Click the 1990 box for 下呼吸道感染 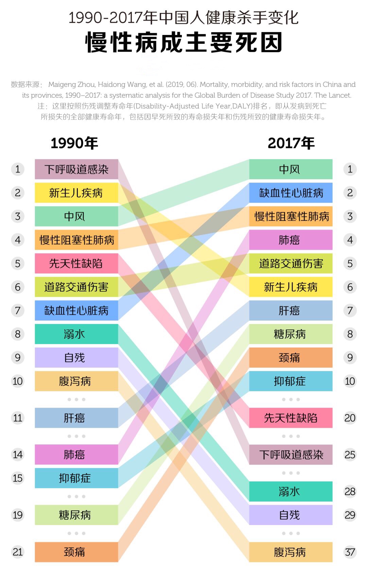pos(76,169)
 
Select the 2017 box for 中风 pos(291,169)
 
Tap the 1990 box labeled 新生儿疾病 pos(76,193)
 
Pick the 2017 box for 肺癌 pos(291,240)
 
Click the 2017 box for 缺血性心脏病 pos(291,193)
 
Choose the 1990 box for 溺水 pos(76,334)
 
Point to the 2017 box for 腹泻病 pos(291,552)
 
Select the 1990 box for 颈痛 pos(76,552)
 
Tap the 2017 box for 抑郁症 pos(291,381)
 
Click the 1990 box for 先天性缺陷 pos(76,264)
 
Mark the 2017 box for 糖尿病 pos(291,334)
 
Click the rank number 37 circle pos(350,552)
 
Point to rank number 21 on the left pos(18,552)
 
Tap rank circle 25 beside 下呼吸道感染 pos(350,455)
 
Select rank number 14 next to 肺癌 pos(18,455)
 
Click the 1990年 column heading pos(74,143)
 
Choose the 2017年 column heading pos(291,143)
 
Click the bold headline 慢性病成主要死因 pos(183,43)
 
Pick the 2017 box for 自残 pos(291,515)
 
